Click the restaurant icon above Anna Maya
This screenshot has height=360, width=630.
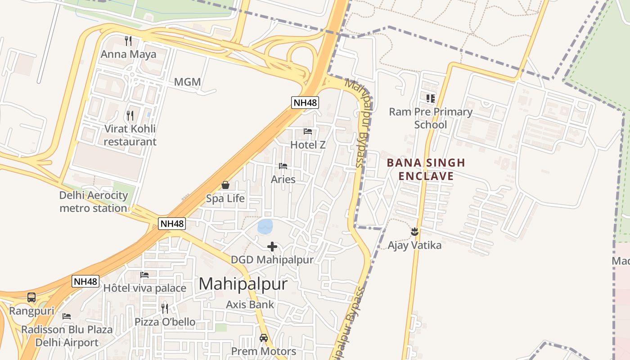pyautogui.click(x=128, y=41)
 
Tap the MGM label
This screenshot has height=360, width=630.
pyautogui.click(x=187, y=82)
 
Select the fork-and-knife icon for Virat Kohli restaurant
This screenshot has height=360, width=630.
pyautogui.click(x=130, y=116)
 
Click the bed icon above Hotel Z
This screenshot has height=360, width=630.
pyautogui.click(x=308, y=131)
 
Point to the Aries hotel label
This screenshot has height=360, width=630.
pyautogui.click(x=283, y=180)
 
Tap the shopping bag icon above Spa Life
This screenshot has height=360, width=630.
pyautogui.click(x=225, y=185)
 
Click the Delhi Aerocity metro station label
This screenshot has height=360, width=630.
pyautogui.click(x=94, y=202)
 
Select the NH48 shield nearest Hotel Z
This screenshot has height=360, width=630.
pyautogui.click(x=305, y=103)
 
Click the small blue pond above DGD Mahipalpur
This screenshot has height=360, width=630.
pyautogui.click(x=265, y=226)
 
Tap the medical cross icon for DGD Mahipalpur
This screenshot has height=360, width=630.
pyautogui.click(x=272, y=247)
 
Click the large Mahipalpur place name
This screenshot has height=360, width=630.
pyautogui.click(x=243, y=284)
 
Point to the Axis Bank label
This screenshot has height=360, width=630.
pyautogui.click(x=250, y=305)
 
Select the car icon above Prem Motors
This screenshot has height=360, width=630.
pyautogui.click(x=264, y=338)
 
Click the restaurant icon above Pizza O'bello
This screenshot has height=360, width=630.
pyautogui.click(x=165, y=309)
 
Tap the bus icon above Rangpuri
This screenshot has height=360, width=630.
pyautogui.click(x=31, y=297)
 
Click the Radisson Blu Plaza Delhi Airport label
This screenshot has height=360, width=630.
pyautogui.click(x=67, y=336)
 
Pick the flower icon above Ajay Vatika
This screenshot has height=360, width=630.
pyautogui.click(x=414, y=232)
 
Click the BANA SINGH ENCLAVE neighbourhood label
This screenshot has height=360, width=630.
pyautogui.click(x=426, y=169)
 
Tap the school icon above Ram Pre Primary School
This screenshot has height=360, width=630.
pyautogui.click(x=431, y=98)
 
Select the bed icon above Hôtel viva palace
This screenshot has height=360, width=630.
pyautogui.click(x=144, y=274)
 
